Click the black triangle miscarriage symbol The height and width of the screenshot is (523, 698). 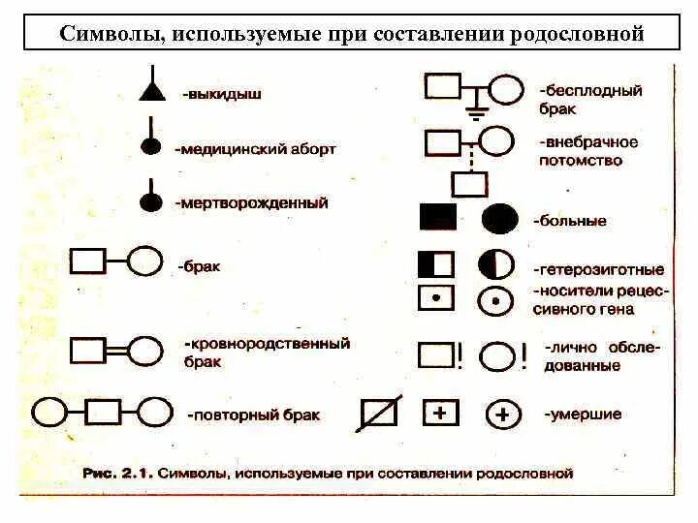pos(150,91)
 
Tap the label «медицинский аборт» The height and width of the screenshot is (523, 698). pos(256,149)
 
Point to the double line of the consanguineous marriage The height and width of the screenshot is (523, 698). pos(116,350)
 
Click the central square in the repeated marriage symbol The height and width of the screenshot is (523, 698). pos(103,414)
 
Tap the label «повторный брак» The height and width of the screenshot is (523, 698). pos(253,415)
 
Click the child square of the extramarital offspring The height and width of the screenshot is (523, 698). pos(469,183)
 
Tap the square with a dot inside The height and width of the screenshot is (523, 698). pos(435,298)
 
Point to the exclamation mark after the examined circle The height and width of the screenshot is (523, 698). pos(524,355)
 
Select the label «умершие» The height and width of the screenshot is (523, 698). pos(583,414)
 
